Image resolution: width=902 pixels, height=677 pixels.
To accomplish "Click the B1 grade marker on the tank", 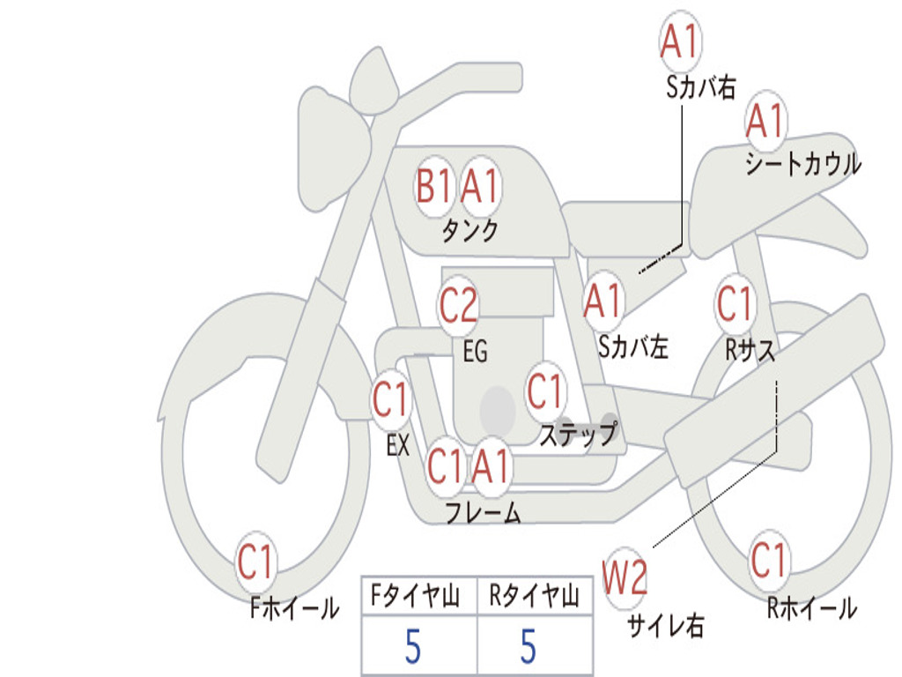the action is click(x=433, y=187).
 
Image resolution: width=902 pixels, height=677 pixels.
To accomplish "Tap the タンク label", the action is click(x=470, y=230).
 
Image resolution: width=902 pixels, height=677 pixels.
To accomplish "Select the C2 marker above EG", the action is click(x=458, y=305).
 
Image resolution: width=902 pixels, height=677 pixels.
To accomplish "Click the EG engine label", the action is click(x=475, y=351).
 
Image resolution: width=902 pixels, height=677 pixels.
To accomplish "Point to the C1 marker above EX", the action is click(x=391, y=399).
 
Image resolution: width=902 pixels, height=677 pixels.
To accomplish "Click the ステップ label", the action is click(x=578, y=434).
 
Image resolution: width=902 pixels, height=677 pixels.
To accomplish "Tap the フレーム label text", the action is click(x=484, y=512).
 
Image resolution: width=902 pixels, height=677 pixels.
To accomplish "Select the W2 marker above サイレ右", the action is click(x=625, y=577).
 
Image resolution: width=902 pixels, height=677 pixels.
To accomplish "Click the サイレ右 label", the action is click(x=666, y=625).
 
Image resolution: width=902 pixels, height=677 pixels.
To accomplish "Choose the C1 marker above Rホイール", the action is click(x=768, y=560).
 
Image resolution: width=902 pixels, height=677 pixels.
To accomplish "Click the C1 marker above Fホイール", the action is click(x=255, y=562).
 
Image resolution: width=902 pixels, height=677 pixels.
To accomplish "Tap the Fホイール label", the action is click(x=294, y=608).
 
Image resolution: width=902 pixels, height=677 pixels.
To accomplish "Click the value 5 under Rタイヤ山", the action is click(x=529, y=646).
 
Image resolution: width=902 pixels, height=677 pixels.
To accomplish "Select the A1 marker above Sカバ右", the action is click(x=681, y=41).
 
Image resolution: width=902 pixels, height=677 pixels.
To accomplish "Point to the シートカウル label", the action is click(x=803, y=163).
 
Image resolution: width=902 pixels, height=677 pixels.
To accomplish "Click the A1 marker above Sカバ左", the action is click(x=603, y=301).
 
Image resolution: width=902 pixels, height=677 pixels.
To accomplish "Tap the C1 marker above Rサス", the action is click(x=736, y=303).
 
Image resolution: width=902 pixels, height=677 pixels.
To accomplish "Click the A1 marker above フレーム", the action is click(x=492, y=465).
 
